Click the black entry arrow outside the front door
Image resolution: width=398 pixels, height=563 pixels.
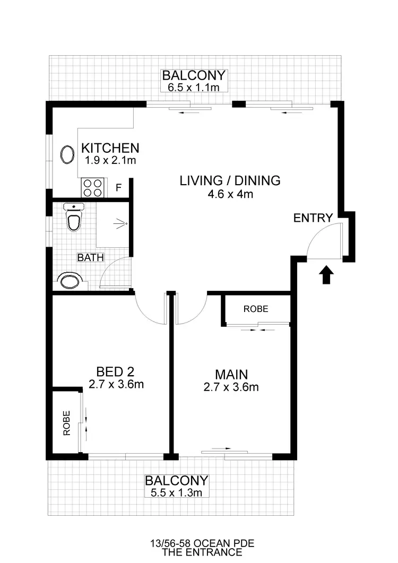point(327,275)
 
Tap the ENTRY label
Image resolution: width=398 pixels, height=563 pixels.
point(313,218)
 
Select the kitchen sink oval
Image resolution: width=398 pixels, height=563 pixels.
point(67,155)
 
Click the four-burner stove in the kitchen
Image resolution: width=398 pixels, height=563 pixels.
point(92,188)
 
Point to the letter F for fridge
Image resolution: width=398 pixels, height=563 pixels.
point(118,188)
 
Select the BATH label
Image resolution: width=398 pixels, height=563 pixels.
point(91,258)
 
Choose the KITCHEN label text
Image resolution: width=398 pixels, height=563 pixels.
point(110,148)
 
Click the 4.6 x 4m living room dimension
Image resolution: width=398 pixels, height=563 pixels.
point(230,194)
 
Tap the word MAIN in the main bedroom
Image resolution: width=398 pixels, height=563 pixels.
point(231,374)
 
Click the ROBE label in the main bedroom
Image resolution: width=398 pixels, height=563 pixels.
point(256,309)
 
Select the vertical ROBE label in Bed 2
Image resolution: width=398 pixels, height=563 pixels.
point(67,423)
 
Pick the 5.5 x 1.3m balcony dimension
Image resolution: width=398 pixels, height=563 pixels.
point(176,492)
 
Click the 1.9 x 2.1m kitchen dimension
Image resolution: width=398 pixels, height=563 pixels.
point(110,159)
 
